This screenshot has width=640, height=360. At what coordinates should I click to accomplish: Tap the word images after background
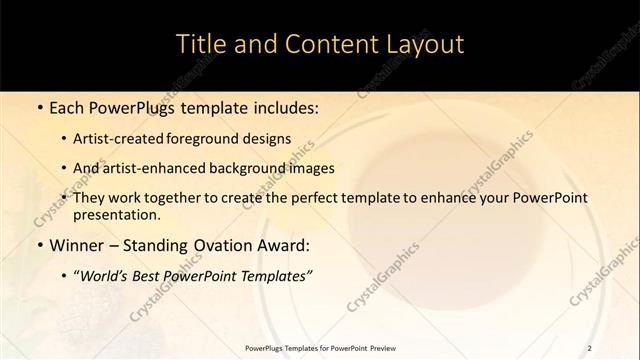(311, 168)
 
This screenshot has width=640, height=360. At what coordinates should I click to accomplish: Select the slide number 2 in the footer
(590, 347)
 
